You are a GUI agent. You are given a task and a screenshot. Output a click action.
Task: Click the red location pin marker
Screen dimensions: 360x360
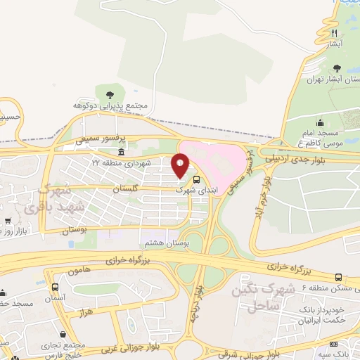(x=181, y=165)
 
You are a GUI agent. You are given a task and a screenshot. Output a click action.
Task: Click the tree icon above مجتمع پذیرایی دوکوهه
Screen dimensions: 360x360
(x=108, y=94)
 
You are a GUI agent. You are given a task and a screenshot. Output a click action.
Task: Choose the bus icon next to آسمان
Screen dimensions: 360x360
(x=56, y=287)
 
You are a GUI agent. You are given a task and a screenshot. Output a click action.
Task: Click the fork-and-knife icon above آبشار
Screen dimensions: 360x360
(x=335, y=32)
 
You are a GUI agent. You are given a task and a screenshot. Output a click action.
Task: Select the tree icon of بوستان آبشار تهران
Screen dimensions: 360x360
(x=337, y=68)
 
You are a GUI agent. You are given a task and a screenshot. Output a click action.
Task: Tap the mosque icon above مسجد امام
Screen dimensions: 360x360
(x=320, y=122)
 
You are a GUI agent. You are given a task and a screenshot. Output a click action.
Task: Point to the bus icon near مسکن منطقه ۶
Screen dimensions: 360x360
(x=339, y=278)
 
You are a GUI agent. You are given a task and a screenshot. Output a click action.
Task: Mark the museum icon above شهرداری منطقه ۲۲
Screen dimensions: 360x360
(x=122, y=153)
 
